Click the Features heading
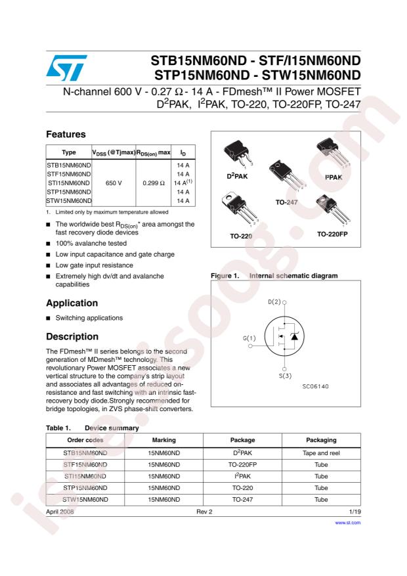click(66, 134)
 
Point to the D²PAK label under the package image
click(238, 177)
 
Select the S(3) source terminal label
click(284, 376)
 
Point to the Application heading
click(72, 303)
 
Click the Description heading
click(72, 335)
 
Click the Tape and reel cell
click(321, 453)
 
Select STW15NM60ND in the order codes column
click(85, 500)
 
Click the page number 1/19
click(354, 510)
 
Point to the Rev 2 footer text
click(204, 510)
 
